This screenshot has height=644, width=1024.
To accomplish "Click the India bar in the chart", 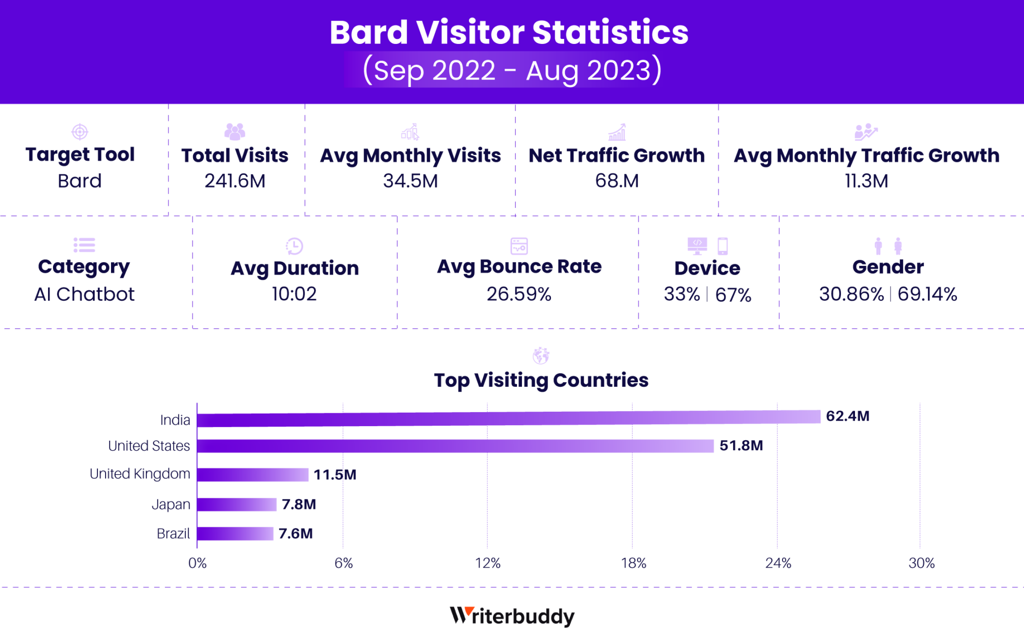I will coord(508,418).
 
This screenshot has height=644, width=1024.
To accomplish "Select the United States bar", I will coord(455,446).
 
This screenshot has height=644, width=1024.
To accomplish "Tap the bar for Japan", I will coord(236,504).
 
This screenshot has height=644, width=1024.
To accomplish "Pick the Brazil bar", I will coord(235,534).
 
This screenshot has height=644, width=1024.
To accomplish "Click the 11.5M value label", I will coord(334,475).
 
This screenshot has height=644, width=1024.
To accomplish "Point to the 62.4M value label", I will coord(847,416).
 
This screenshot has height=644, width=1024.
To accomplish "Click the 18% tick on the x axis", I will coord(633,564).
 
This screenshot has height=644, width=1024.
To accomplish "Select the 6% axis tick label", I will coord(343,564).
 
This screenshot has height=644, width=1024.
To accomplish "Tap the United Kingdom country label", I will coord(139,474).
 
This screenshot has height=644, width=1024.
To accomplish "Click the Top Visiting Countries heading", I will coord(541,380).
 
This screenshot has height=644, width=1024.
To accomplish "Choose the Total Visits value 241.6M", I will coord(234,181).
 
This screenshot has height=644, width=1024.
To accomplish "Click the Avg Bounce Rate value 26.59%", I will coord(519,294).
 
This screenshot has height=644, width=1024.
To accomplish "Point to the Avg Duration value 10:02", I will coord(294,294).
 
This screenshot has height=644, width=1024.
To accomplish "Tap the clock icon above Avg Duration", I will coord(294,246).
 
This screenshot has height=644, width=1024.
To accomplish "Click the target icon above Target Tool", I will coord(80,132).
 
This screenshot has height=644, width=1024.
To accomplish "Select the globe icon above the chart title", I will coord(541,356).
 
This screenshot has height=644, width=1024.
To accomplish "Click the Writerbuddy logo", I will coord(512,616).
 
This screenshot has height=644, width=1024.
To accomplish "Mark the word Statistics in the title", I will coord(610,32).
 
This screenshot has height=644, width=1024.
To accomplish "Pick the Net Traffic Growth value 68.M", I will coord(616,181).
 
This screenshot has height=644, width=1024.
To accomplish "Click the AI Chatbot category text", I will coord(84,294).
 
